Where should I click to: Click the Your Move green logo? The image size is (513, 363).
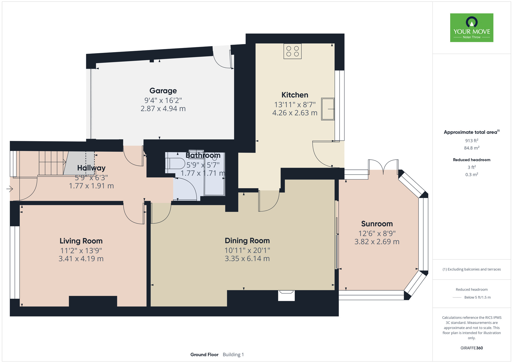(x=471, y=28)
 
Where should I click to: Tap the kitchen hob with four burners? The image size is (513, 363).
(x=292, y=51)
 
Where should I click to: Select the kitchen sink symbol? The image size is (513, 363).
(x=328, y=109)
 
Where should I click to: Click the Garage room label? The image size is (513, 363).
(x=163, y=91)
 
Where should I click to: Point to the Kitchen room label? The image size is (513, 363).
(x=295, y=95)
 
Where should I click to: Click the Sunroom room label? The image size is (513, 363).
(x=377, y=224)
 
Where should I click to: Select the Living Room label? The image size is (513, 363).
(x=81, y=241)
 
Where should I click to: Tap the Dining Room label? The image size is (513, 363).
(x=247, y=241)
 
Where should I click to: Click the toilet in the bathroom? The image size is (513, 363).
(x=175, y=163)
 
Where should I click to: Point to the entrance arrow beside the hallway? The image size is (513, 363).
(x=10, y=189)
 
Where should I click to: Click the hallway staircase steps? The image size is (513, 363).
(x=52, y=163)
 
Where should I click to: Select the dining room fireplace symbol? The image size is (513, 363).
(x=286, y=295)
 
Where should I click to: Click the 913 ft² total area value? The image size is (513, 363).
(x=472, y=141)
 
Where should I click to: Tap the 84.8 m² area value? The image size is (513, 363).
(x=472, y=148)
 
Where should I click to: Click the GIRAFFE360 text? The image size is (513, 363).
(x=471, y=348)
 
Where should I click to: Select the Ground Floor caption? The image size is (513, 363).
(x=204, y=355)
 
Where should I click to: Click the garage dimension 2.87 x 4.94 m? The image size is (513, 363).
(x=163, y=109)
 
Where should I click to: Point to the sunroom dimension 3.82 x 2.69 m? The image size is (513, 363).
(x=377, y=242)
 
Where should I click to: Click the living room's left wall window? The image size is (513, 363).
(x=15, y=262)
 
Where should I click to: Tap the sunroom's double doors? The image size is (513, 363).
(x=383, y=167)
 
